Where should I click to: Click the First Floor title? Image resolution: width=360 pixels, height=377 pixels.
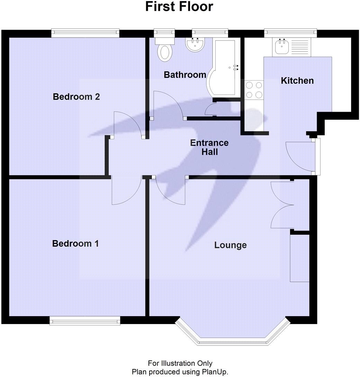179,7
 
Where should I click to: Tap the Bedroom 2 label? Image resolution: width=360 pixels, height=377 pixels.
76,97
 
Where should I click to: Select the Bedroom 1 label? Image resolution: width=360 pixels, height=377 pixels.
75,243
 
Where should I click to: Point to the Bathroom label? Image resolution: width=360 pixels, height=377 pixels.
185,75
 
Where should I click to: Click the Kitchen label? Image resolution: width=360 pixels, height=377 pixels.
297,81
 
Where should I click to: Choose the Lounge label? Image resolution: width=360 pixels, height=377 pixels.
230,245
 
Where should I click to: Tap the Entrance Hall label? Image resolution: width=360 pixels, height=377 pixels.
209,147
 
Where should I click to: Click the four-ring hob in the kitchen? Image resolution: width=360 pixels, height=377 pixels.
254,90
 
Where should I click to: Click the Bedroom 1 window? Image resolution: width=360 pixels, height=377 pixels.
85,321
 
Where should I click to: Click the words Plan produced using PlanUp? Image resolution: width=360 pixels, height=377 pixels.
180,372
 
